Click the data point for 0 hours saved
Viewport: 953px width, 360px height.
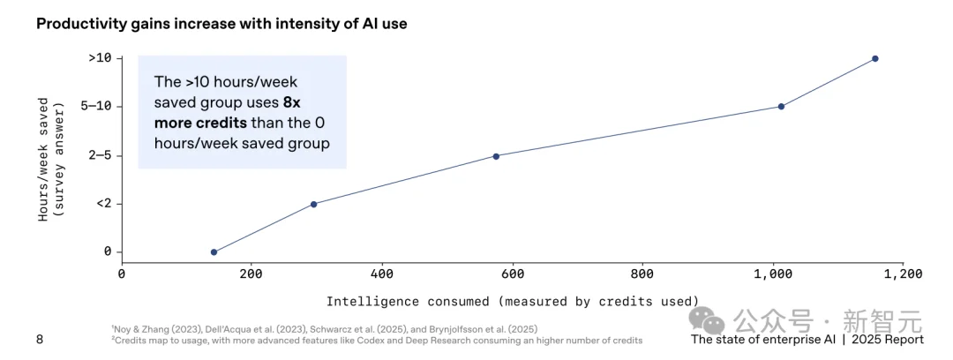point(214,252)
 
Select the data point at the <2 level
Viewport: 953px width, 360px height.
point(313,204)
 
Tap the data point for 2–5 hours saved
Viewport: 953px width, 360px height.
point(496,156)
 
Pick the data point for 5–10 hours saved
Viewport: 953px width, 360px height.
point(781,107)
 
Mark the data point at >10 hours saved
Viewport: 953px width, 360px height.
point(875,58)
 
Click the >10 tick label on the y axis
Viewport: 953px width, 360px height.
point(100,58)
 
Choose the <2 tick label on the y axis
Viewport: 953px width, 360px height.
point(103,204)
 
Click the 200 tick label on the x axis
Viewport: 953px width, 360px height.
point(251,274)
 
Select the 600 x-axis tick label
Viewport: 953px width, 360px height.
point(512,274)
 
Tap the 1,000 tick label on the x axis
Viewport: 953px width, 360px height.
point(772,274)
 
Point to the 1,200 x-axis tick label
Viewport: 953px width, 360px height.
point(902,274)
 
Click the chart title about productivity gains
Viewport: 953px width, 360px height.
point(221,24)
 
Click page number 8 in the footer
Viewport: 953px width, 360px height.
point(39,340)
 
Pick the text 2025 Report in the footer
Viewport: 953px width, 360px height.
point(887,340)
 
